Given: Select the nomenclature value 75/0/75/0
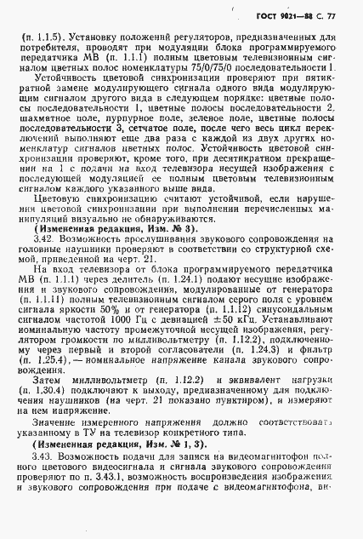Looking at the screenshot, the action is pyautogui.click(x=223, y=65).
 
